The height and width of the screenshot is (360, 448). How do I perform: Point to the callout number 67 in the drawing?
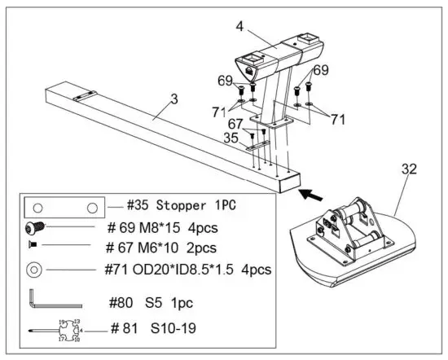[235, 123]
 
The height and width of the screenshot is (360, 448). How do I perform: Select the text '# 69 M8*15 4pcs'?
[164, 228]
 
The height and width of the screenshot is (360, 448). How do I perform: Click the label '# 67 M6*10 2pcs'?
[162, 248]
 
